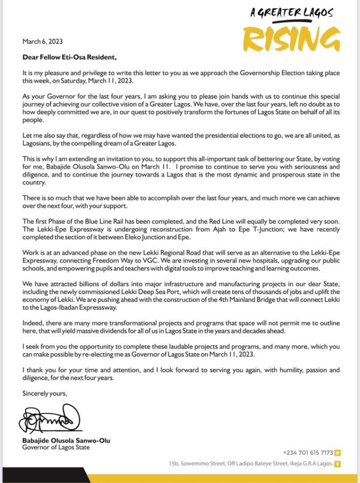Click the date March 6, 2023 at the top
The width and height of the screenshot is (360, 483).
click(42, 42)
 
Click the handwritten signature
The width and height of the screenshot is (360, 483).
click(49, 419)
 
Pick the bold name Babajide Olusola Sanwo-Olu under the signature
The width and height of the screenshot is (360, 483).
click(66, 441)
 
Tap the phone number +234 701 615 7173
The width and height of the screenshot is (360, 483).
click(308, 452)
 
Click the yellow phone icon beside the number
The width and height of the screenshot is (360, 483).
click(337, 452)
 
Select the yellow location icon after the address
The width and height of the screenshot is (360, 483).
click(337, 464)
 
